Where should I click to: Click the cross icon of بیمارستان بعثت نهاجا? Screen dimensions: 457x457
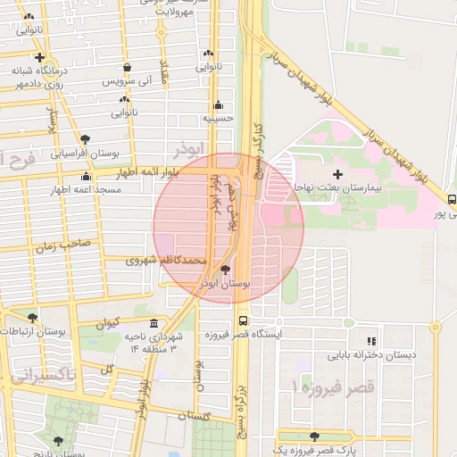click(x=337, y=174)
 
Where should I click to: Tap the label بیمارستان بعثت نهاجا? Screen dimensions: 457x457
click(x=341, y=189)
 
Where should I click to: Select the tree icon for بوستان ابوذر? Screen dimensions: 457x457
click(x=224, y=269)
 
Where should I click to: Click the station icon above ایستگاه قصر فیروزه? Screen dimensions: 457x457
click(x=243, y=320)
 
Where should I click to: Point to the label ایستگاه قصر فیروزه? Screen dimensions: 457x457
click(x=243, y=335)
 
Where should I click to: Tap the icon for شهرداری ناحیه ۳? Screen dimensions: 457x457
click(x=154, y=322)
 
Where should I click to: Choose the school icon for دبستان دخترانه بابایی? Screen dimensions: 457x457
click(x=370, y=341)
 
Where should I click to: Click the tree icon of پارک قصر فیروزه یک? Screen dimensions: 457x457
click(x=314, y=436)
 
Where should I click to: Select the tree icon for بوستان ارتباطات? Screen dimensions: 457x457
click(x=33, y=317)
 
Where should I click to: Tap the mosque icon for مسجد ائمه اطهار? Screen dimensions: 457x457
click(x=86, y=176)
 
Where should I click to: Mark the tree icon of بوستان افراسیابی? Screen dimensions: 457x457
click(x=85, y=139)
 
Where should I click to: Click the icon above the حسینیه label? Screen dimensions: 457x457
click(x=219, y=104)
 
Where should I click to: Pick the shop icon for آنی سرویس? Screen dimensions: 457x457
click(x=128, y=67)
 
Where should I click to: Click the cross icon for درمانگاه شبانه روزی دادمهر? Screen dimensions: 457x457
click(x=39, y=57)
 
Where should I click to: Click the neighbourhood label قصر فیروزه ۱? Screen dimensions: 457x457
click(x=320, y=389)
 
